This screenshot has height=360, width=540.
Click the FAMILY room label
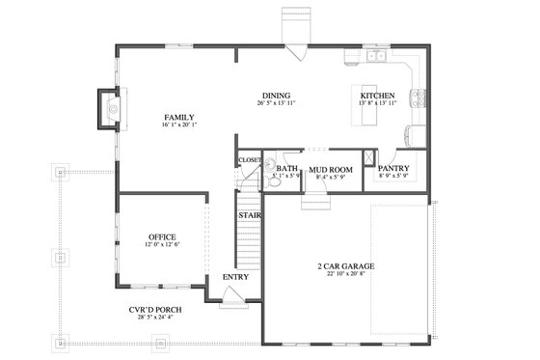[x=179, y=117]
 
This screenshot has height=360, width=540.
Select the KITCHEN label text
[x=377, y=96]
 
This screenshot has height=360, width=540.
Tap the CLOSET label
[x=250, y=159]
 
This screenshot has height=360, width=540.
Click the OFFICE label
[x=162, y=236]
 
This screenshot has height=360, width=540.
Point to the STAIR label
[x=251, y=214]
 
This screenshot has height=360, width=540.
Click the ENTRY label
[x=235, y=277]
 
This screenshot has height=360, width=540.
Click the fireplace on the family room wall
[x=108, y=109]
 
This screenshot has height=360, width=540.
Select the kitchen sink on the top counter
[x=376, y=57]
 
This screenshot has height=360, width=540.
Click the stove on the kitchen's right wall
[x=419, y=97]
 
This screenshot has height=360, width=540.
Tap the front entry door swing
[x=233, y=301]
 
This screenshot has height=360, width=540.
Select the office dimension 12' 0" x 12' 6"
[x=162, y=245]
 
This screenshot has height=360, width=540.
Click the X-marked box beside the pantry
[x=370, y=157]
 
